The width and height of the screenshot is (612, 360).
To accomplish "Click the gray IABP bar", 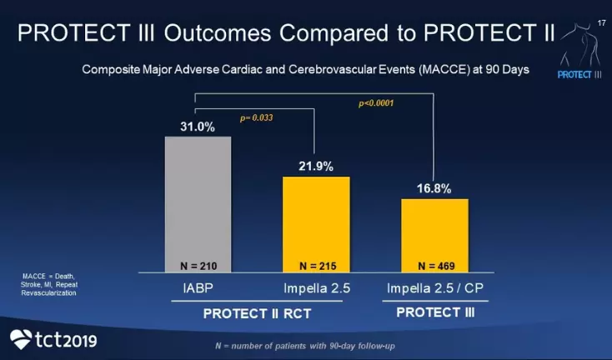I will pyautogui.click(x=198, y=200).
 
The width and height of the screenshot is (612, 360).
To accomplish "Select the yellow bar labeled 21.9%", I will pyautogui.click(x=316, y=221).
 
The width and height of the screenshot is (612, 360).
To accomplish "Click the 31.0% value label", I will pyautogui.click(x=198, y=127).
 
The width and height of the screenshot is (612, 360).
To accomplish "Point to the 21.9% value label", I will pyautogui.click(x=316, y=167).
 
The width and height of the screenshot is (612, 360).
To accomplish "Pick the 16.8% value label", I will pyautogui.click(x=434, y=189).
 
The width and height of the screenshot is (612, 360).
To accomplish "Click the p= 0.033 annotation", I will pyautogui.click(x=256, y=118).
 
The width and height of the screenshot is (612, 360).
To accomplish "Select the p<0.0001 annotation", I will pyautogui.click(x=375, y=103).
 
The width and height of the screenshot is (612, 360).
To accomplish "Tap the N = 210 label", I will pyautogui.click(x=198, y=266).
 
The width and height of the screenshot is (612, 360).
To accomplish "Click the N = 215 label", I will pyautogui.click(x=316, y=266).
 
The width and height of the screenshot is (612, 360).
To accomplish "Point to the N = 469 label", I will pyautogui.click(x=434, y=266).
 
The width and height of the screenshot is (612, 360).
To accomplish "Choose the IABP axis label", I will pyautogui.click(x=198, y=289).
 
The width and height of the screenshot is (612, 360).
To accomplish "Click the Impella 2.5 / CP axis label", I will pyautogui.click(x=434, y=289).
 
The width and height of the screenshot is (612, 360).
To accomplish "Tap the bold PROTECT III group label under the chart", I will pyautogui.click(x=429, y=312).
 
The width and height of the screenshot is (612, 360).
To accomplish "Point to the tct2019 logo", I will pyautogui.click(x=54, y=339).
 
